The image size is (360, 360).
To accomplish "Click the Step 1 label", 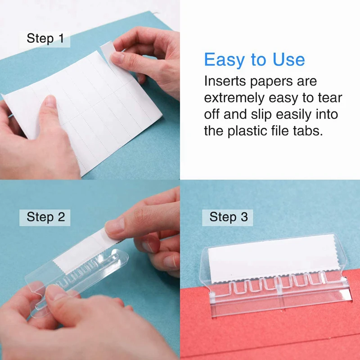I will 45,38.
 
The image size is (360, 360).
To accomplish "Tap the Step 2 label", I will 46,217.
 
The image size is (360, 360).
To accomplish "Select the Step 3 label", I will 229,217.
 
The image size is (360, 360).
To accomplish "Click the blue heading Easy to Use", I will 254,59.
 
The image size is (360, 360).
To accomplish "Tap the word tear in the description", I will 331,98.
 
